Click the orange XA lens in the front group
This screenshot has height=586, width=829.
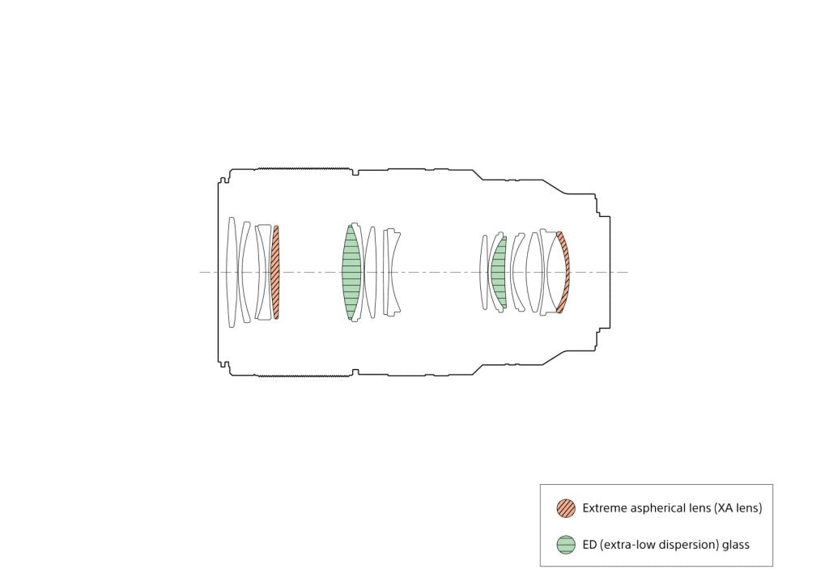click(275, 273)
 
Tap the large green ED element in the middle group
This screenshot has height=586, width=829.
click(351, 273)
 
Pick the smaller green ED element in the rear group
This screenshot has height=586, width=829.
click(499, 273)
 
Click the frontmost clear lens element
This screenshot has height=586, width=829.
click(231, 272)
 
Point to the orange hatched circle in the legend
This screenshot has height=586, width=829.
click(566, 507)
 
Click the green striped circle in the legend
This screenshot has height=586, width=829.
click(566, 544)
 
